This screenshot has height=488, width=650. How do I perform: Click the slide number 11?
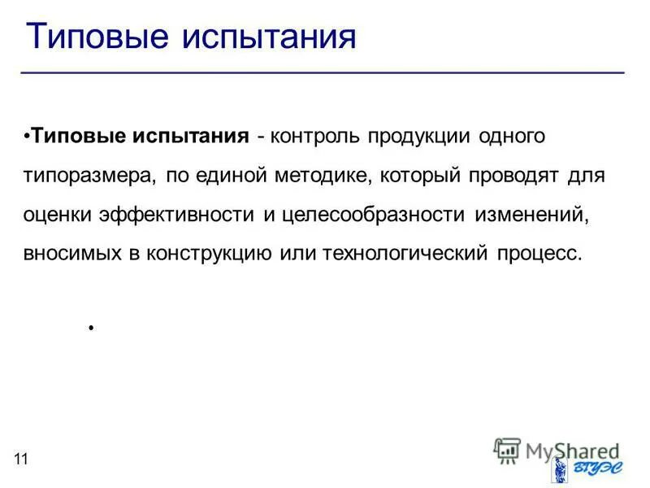coord(20,460)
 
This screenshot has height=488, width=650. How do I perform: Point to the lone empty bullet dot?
coord(92,328)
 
